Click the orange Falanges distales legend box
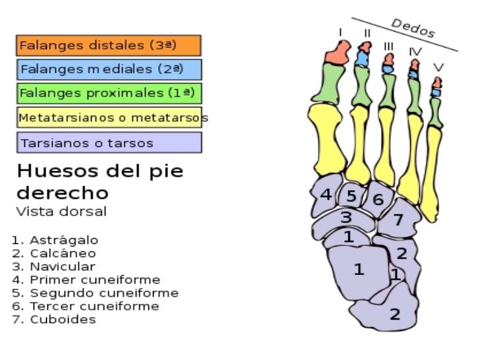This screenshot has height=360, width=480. coord(108,45)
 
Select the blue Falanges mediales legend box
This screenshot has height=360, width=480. coord(108,69)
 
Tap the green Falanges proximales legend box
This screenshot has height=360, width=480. coord(108,93)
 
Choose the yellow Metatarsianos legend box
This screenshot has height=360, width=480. coord(108,118)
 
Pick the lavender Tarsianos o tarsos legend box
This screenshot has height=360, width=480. coord(108,142)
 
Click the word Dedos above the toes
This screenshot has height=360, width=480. coord(413,28)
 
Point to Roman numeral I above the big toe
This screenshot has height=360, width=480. coord(340,31)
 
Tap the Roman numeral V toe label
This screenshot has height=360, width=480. coord(438,67)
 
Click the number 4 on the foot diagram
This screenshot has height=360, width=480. coord(326,195)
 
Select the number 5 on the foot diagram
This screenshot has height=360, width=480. coord(352,196)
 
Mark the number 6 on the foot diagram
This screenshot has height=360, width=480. coord(378,199)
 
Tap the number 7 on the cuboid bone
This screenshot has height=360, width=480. coord(398,221)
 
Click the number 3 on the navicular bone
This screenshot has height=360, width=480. coord(345,217)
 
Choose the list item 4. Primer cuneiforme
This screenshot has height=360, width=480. coord(86,280)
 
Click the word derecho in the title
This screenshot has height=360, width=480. coord(62,194)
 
